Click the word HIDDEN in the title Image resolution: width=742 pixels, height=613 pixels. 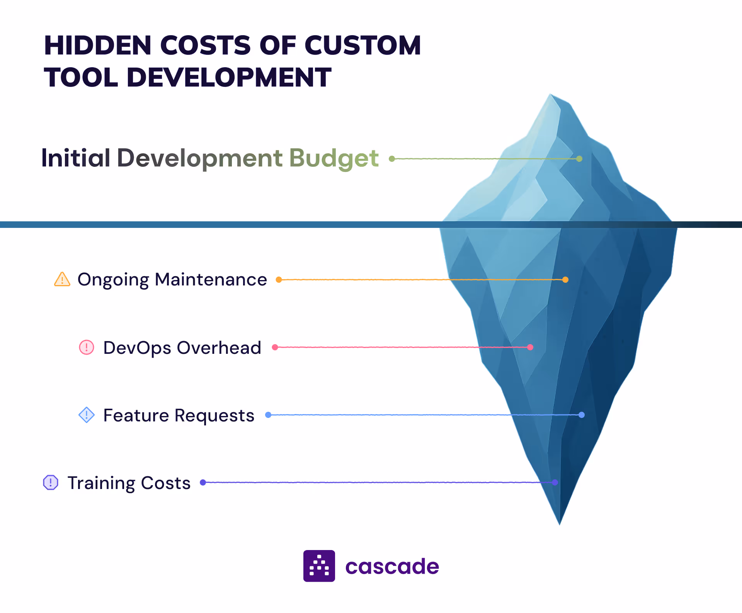(97, 46)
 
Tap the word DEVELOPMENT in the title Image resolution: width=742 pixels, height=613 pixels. (229, 77)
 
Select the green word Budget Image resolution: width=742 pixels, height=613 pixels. (334, 158)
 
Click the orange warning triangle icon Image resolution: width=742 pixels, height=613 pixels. (62, 279)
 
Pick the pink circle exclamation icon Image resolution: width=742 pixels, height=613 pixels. (87, 347)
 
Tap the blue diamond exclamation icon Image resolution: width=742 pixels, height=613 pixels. (87, 415)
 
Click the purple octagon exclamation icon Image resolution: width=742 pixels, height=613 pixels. (51, 482)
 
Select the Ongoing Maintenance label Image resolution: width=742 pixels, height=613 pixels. (172, 280)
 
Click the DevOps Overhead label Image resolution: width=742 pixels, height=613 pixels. (182, 348)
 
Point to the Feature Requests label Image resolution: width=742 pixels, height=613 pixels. (179, 416)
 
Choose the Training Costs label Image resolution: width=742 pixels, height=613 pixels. (129, 483)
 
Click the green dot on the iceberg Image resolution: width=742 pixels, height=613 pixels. (579, 159)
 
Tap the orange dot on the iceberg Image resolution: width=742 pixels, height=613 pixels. (565, 280)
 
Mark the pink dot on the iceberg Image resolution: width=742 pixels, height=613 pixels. (530, 347)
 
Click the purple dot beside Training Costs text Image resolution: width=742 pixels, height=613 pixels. (203, 482)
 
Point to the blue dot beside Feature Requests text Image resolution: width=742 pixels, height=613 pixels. (268, 415)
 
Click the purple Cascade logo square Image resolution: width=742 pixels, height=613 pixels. (319, 566)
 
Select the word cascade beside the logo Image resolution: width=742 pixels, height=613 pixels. (392, 567)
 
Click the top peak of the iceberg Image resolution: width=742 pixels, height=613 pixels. (551, 95)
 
